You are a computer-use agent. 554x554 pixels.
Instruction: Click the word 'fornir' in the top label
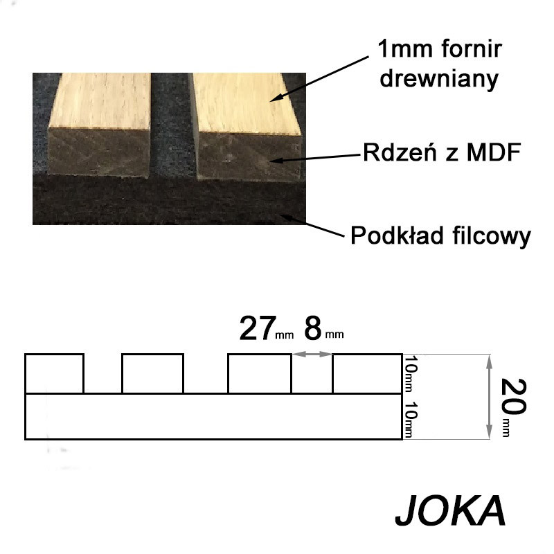pos(471,48)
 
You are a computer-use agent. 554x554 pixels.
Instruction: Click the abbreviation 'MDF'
pos(494,152)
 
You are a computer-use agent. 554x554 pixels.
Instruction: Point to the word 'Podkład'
pos(397,235)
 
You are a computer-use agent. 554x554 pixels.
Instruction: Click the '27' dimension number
pos(258,328)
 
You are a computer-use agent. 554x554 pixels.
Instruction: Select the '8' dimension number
pos(313,328)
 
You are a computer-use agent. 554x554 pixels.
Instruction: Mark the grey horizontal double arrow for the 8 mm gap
pos(312,354)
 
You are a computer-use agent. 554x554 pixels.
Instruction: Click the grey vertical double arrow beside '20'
pos(489,397)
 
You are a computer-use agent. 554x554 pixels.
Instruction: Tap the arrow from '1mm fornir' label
pos(320,78)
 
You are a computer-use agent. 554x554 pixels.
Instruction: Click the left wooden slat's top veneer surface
pos(100,100)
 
